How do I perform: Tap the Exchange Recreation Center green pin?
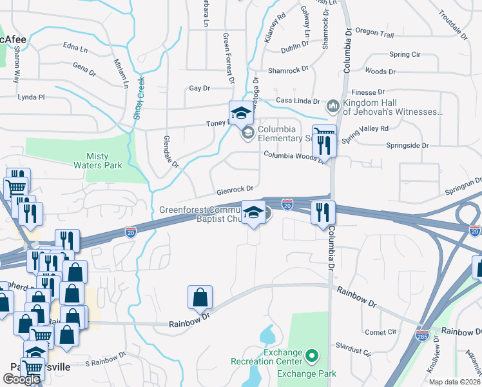tap(312, 355)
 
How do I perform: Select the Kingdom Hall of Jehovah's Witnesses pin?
tap(333, 105)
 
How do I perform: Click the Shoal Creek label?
tap(137, 94)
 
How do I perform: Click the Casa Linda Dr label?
tap(298, 101)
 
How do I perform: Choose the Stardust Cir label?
tap(354, 353)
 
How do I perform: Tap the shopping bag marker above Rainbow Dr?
tap(200, 298)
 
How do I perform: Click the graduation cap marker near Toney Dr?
tap(241, 112)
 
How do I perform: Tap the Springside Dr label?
tap(407, 146)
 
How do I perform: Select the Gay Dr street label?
tap(199, 88)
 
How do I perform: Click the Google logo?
tap(21, 379)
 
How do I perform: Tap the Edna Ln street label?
tap(75, 48)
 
